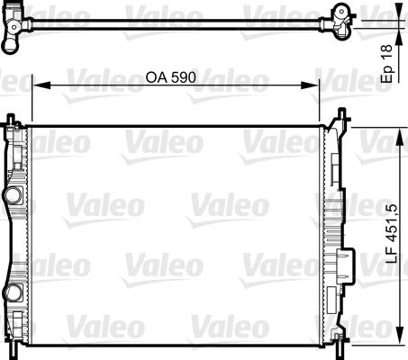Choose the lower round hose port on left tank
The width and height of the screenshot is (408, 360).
point(12,290)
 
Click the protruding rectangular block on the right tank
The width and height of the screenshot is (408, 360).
point(344,265)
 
